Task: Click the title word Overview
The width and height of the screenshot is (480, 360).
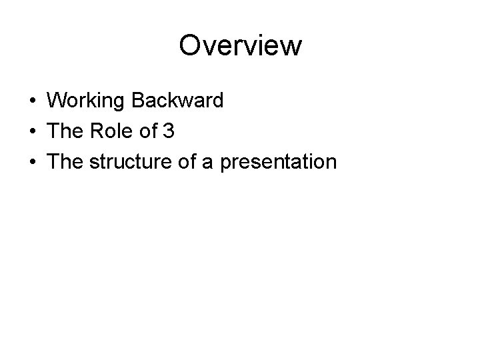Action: (x=240, y=46)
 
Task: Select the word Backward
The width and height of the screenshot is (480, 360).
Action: (x=178, y=101)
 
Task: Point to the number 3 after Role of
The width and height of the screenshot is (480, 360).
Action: (x=169, y=132)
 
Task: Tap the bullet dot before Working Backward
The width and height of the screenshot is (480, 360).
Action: (x=32, y=102)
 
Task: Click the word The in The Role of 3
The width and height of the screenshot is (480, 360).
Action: (x=64, y=132)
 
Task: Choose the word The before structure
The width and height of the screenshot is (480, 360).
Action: (x=64, y=163)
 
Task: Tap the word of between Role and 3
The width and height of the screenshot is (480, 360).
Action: (x=147, y=132)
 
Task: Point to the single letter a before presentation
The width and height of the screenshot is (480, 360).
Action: (x=207, y=164)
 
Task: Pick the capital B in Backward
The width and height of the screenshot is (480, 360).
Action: (x=139, y=101)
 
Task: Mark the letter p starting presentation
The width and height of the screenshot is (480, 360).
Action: (x=225, y=165)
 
